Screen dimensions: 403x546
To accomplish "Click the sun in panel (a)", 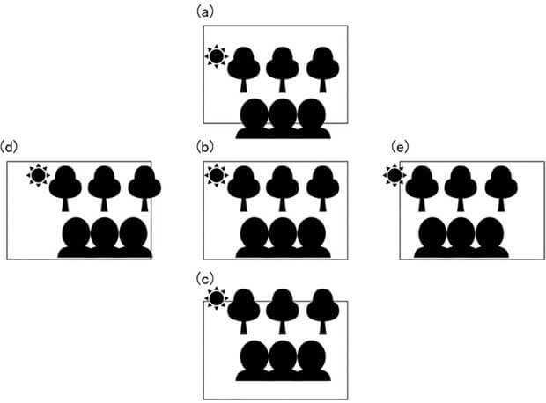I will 216,57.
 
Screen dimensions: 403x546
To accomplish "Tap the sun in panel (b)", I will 216,176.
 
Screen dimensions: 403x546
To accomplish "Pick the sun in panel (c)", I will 216,299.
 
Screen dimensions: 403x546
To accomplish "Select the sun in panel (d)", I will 37,176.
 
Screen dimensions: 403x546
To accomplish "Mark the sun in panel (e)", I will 395,176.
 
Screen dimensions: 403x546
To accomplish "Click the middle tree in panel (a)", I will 283,65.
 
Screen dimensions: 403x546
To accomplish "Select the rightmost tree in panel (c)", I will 321,308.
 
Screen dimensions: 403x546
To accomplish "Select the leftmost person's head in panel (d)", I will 77,233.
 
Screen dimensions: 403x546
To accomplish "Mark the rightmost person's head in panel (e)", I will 489,233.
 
